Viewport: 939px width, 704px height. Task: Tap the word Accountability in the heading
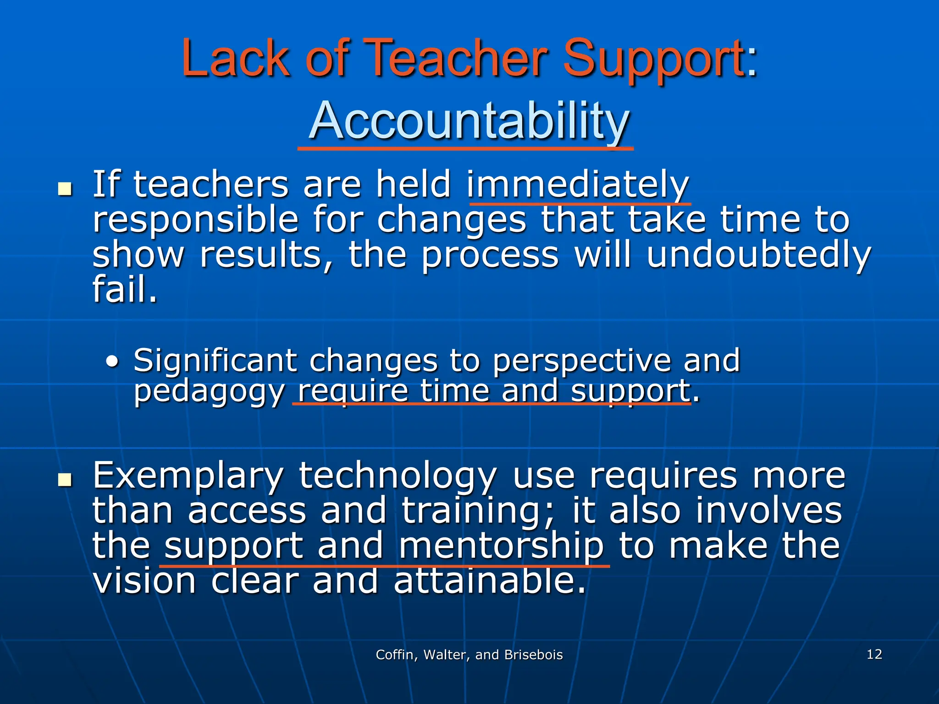(469, 120)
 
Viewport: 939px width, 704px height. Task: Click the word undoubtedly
(758, 255)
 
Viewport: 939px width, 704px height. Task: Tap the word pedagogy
(209, 392)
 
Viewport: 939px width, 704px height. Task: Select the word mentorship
(501, 546)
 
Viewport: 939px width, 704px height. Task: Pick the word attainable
(490, 581)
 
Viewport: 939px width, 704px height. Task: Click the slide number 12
(874, 654)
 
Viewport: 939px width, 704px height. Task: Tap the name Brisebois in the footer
(533, 655)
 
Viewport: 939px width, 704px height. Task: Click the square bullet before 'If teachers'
(65, 189)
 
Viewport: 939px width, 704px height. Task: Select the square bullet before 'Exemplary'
(65, 480)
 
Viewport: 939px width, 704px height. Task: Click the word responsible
(195, 220)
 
